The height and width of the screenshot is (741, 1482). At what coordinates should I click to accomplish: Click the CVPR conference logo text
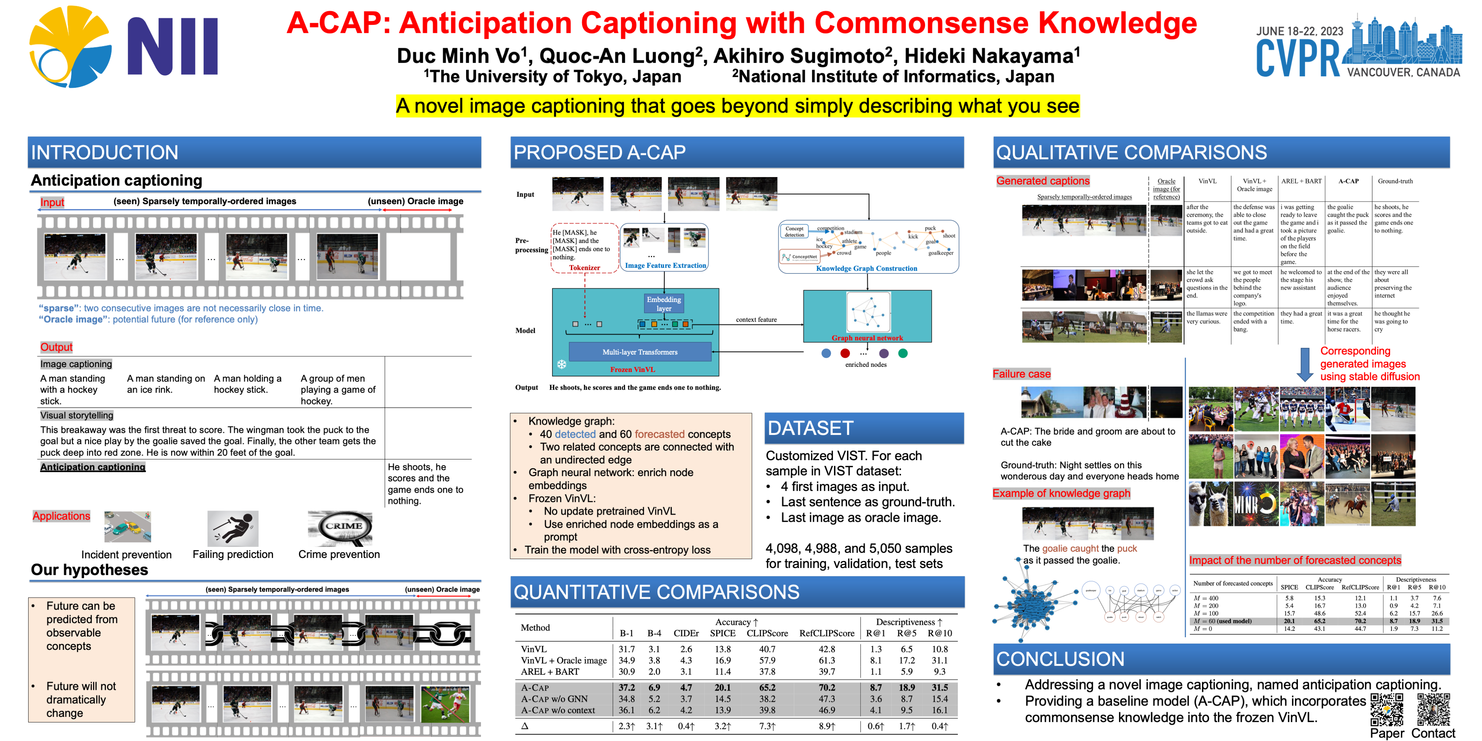(x=1297, y=59)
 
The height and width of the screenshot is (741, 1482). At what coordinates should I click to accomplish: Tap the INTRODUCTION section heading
(x=105, y=152)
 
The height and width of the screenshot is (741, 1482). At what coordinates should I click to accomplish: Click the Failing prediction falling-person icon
(x=233, y=528)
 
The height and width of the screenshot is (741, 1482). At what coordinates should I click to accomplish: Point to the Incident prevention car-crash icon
(x=128, y=526)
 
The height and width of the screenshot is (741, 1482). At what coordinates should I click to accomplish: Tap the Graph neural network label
(x=867, y=338)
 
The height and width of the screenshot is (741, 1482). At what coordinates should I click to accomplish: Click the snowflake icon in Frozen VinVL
(x=562, y=364)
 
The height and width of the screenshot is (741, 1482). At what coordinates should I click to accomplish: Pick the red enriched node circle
(x=845, y=353)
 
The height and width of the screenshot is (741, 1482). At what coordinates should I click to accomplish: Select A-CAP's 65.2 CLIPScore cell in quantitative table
(x=767, y=688)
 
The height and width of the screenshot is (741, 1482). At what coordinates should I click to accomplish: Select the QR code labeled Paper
(x=1386, y=710)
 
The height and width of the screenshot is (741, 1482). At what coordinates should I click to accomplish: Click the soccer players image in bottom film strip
(x=445, y=704)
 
